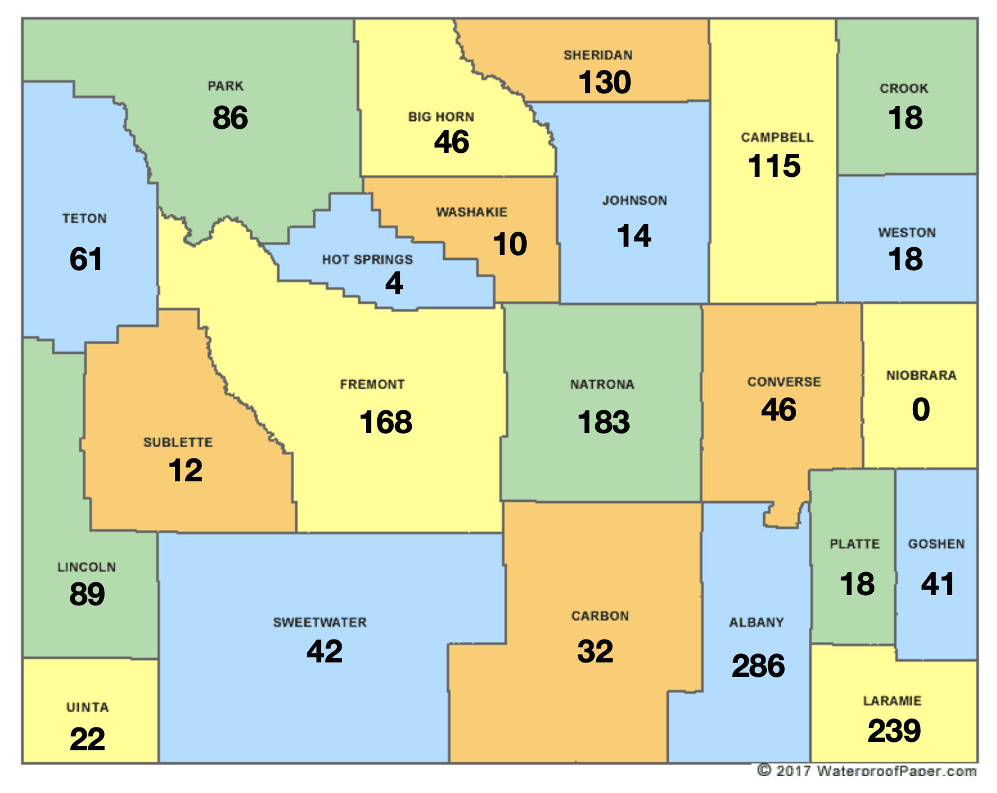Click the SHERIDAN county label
[x=598, y=55]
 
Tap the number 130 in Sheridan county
[x=604, y=82]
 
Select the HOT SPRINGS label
[x=367, y=260]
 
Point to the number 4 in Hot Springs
[x=394, y=283]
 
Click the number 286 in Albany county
[x=758, y=666]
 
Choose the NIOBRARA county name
[x=921, y=375]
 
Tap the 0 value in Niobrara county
[x=921, y=410]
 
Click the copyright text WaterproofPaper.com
[x=867, y=771]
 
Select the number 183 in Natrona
[x=603, y=422]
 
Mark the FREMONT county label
[x=372, y=384]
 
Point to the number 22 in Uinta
[x=87, y=739]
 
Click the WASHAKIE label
[x=471, y=212]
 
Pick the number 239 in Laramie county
[x=894, y=731]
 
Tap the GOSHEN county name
[x=936, y=544]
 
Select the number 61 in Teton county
[x=85, y=259]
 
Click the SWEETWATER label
[x=319, y=623]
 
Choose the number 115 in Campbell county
[x=774, y=166]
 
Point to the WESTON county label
[x=906, y=233]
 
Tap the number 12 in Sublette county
[x=185, y=471]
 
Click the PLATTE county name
[x=854, y=544]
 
